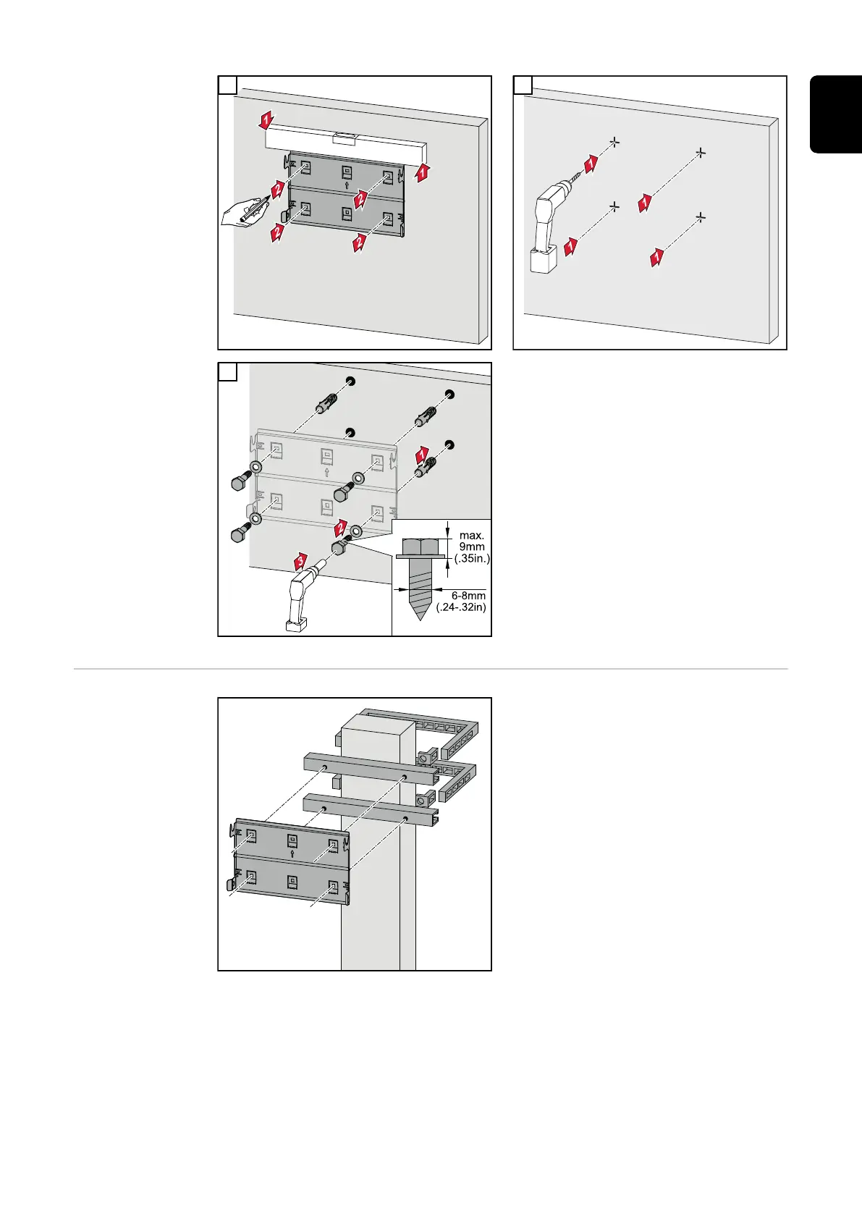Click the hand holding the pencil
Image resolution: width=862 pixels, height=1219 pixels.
(239, 215)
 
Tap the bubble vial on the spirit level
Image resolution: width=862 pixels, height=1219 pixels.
(345, 135)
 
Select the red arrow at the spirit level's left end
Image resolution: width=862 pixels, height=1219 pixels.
(267, 119)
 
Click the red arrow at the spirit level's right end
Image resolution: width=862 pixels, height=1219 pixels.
(423, 172)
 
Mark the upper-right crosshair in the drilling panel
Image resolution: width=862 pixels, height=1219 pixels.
(700, 153)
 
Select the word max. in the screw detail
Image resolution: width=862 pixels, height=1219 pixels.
(471, 536)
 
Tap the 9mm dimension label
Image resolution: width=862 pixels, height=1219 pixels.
(472, 547)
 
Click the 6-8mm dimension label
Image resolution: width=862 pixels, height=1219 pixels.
(468, 596)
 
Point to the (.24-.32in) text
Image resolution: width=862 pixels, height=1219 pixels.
(461, 607)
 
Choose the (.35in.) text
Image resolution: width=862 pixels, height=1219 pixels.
(471, 559)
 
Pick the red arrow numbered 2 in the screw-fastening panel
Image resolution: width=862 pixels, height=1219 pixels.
(341, 527)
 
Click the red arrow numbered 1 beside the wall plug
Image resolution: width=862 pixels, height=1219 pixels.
(422, 455)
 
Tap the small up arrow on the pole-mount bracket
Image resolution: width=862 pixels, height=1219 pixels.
(292, 853)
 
